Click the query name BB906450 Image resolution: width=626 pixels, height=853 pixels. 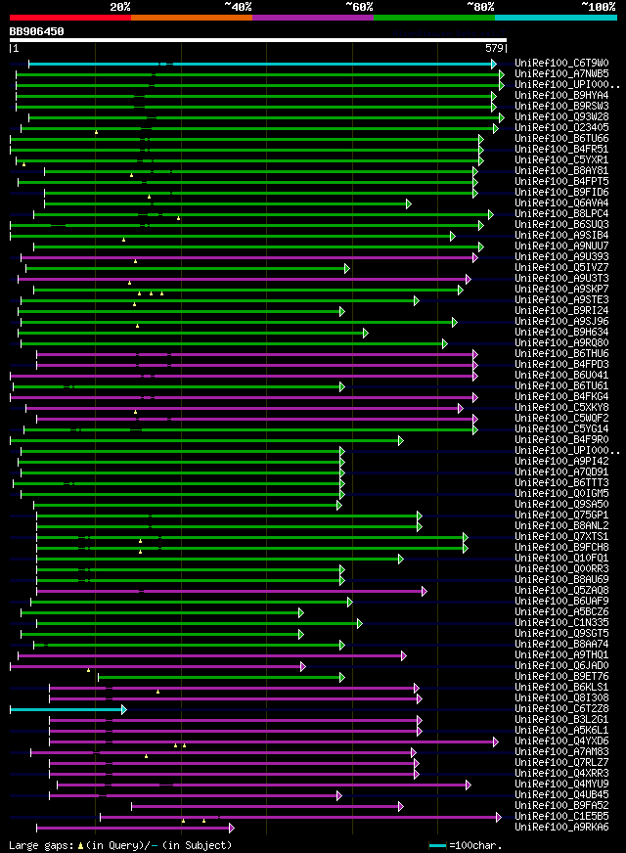37,31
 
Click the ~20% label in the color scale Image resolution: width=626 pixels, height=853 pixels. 120,6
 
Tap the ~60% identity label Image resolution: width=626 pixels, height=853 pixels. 358,6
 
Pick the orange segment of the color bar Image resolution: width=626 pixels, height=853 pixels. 191,17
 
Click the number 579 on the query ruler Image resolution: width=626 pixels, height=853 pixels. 493,48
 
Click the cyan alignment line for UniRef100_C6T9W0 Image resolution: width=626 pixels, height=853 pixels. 293,64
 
